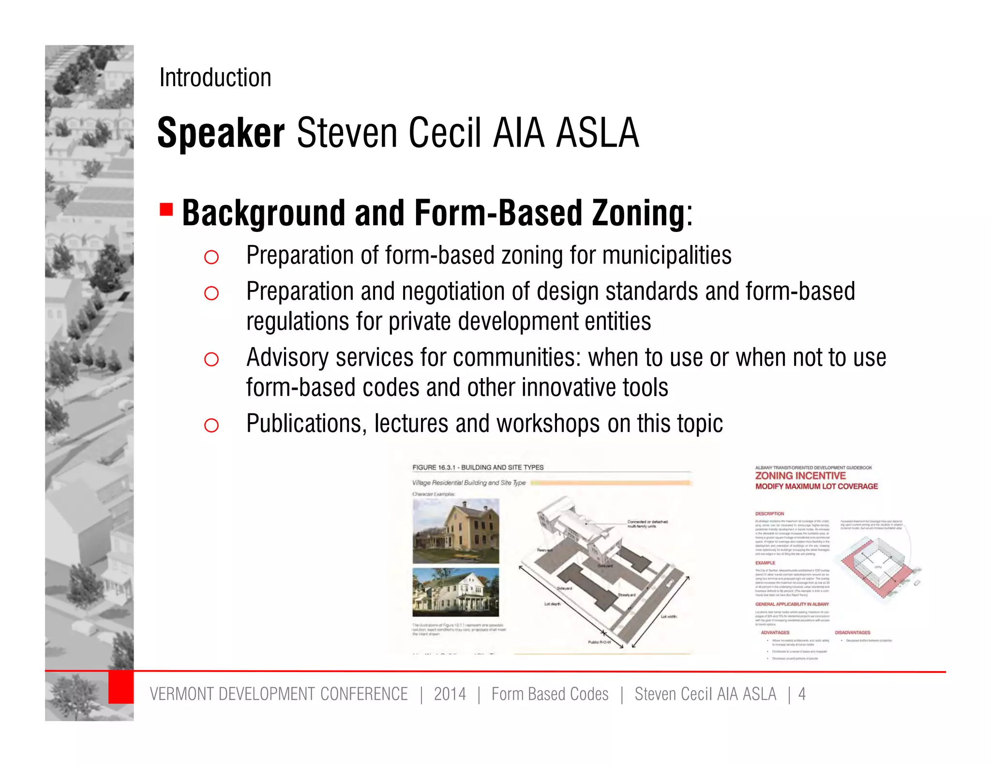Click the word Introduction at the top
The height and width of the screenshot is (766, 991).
tap(215, 77)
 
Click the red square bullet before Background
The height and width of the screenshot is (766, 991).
tap(166, 210)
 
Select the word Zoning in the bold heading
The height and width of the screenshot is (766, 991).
tap(638, 213)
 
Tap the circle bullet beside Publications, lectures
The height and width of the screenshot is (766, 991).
tap(211, 426)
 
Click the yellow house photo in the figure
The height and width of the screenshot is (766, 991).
tap(455, 532)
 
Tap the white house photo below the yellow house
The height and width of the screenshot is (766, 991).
tap(455, 592)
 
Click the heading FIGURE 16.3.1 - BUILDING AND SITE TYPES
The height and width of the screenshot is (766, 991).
tap(478, 467)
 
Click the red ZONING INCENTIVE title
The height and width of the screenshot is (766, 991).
tap(800, 476)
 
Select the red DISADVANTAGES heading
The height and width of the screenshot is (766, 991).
tap(852, 632)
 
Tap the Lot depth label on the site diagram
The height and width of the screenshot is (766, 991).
tap(552, 604)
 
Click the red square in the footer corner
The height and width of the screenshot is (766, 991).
tap(120, 687)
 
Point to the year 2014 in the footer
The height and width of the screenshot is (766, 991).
tap(450, 694)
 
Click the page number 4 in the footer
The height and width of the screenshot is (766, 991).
tap(802, 694)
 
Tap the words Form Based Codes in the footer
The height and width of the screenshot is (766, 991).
tap(550, 694)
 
